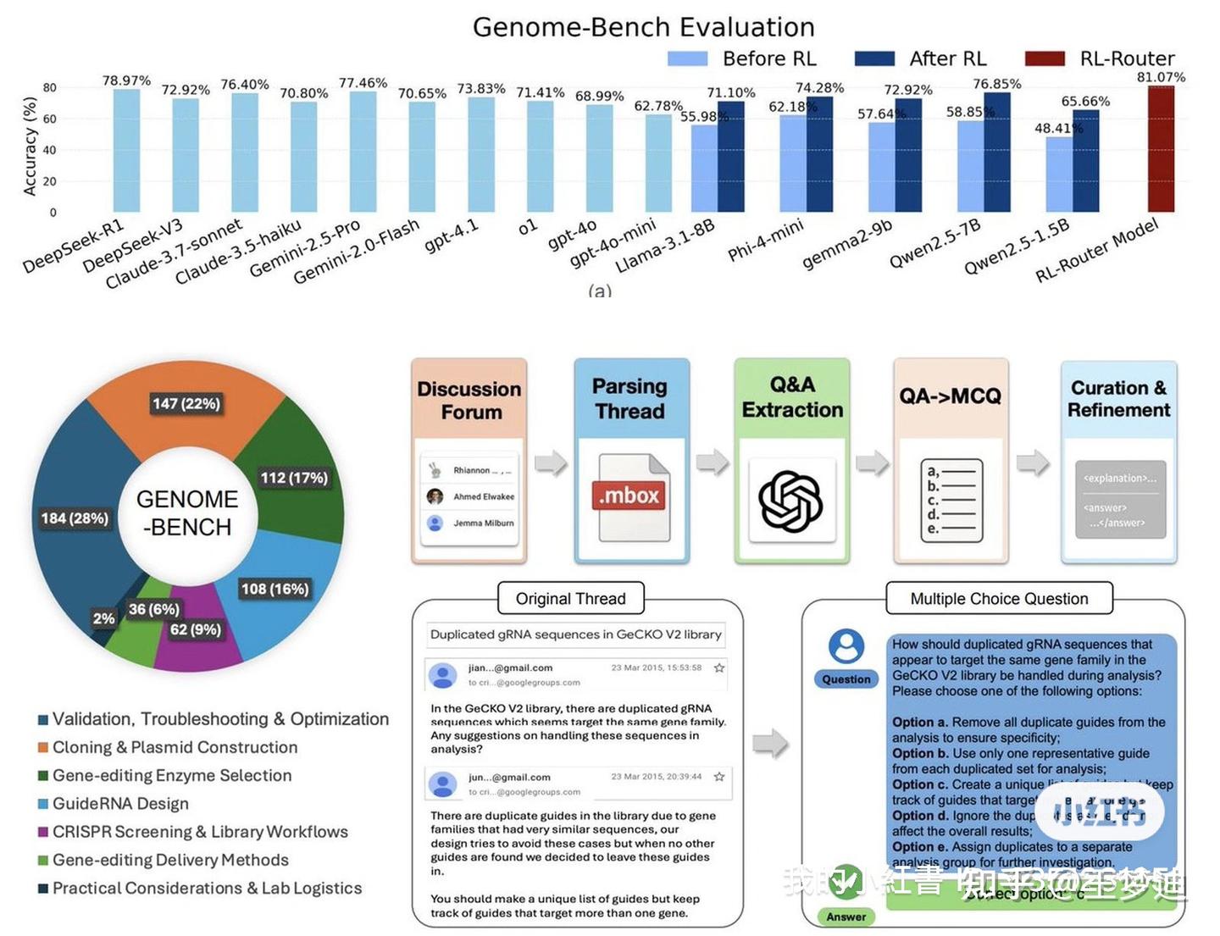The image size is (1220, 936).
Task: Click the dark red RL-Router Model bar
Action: tap(1161, 149)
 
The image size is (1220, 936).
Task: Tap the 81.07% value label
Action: tap(1161, 77)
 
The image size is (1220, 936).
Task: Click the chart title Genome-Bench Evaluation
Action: tap(643, 27)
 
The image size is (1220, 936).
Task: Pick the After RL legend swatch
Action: tap(874, 58)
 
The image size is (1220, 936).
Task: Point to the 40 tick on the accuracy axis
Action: tap(50, 150)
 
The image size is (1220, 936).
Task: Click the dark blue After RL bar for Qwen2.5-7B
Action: tap(996, 152)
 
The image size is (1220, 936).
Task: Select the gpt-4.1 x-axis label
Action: tap(452, 235)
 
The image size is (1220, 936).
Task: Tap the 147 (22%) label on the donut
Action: tap(186, 403)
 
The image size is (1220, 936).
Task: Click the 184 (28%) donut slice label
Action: tap(75, 518)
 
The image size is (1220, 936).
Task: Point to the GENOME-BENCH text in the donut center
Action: tap(187, 512)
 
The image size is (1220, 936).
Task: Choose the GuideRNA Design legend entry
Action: tap(120, 803)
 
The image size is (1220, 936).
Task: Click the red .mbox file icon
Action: tap(629, 496)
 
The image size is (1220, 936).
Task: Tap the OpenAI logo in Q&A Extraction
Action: tap(790, 501)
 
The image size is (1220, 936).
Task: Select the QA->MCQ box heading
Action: tap(950, 396)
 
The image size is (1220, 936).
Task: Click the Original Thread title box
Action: tap(570, 599)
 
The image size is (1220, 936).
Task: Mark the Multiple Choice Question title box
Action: tap(999, 599)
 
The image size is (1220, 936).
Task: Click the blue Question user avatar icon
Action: tap(846, 646)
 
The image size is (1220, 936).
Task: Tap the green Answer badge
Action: tap(846, 917)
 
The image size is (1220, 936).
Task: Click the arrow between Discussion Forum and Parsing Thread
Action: tap(551, 463)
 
